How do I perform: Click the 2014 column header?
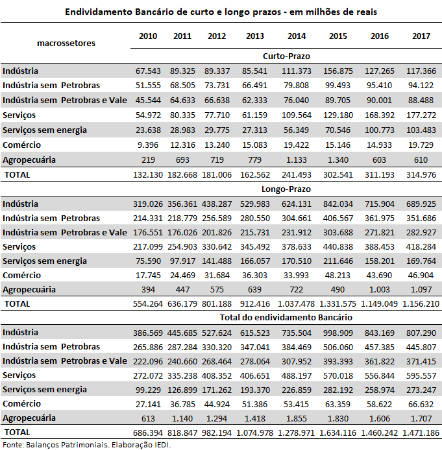[x=297, y=36]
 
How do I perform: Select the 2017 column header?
[x=421, y=36]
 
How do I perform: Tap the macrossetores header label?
[x=66, y=43]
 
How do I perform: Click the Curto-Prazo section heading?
[x=286, y=56]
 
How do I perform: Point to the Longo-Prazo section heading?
[x=286, y=189]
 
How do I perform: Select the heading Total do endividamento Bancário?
[x=286, y=318]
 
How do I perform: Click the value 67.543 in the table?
[x=148, y=71]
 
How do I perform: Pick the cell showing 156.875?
[x=338, y=71]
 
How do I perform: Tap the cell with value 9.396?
[x=148, y=145]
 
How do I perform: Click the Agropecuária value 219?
[x=148, y=160]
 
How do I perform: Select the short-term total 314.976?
[x=421, y=175]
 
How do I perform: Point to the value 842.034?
[x=338, y=204]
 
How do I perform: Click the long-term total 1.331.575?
[x=338, y=304]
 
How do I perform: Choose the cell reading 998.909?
[x=338, y=333]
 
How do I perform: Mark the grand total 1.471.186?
[x=421, y=432]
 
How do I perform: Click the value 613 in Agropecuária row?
[x=148, y=418]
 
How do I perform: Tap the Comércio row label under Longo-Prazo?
[x=22, y=275]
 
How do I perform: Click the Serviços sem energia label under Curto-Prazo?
[x=45, y=130]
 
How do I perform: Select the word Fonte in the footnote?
[x=13, y=445]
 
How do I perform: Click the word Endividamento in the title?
[x=99, y=12]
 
